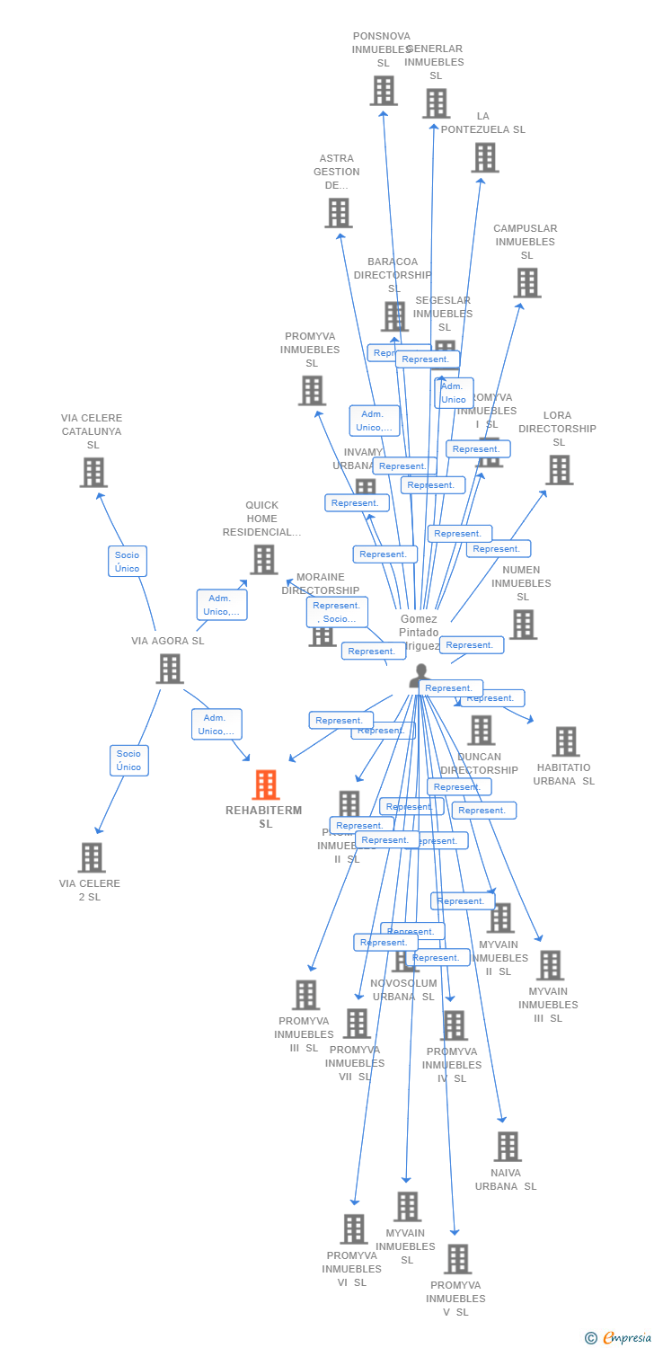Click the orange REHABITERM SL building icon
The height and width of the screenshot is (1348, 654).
click(x=265, y=785)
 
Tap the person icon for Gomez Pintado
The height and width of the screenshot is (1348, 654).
click(x=420, y=675)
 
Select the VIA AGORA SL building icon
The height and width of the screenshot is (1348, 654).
click(x=170, y=669)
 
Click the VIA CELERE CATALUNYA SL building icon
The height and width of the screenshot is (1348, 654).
click(x=93, y=472)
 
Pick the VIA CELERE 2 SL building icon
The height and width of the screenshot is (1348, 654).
click(x=91, y=857)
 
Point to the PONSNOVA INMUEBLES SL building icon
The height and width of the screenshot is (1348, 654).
click(x=384, y=91)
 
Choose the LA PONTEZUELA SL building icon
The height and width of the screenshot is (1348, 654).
click(x=485, y=157)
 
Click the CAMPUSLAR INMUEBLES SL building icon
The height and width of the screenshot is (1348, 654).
click(x=526, y=282)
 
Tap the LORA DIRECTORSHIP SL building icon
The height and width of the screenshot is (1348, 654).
click(x=558, y=469)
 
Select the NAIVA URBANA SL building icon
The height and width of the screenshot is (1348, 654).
click(x=508, y=1147)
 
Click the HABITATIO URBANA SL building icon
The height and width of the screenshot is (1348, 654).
click(x=565, y=741)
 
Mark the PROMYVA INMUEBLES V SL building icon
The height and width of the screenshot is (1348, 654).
click(x=457, y=1259)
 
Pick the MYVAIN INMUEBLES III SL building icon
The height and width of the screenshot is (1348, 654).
click(x=549, y=965)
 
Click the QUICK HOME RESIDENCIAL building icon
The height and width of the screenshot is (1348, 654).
click(x=263, y=559)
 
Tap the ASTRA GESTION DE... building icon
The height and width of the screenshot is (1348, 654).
click(x=338, y=213)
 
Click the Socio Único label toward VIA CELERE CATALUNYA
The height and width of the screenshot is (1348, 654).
click(x=127, y=562)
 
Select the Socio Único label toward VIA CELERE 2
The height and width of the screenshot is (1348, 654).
click(x=128, y=760)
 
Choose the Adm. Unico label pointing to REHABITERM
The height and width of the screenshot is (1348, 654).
click(x=217, y=724)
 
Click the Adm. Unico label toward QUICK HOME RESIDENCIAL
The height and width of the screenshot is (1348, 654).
click(x=222, y=605)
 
